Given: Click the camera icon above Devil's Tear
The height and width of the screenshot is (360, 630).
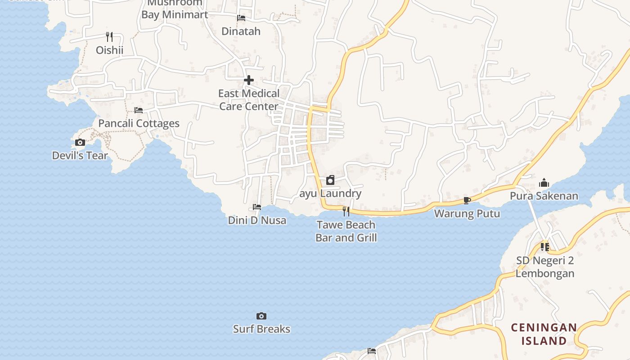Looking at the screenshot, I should [80, 143].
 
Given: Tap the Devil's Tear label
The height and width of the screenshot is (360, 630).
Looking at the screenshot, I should [80, 156].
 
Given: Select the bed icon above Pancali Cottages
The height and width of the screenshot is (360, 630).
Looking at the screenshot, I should [139, 110].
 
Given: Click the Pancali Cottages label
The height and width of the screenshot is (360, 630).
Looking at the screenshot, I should [139, 123].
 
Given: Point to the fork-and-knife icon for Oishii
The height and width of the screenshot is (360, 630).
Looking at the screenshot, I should [109, 36].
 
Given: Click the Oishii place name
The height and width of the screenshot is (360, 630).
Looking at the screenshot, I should [109, 49].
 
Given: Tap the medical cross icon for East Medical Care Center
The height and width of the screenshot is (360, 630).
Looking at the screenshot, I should [249, 80].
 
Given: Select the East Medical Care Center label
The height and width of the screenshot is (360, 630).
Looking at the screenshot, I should [249, 100].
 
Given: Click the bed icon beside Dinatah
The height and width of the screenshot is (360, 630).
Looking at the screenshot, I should [241, 18].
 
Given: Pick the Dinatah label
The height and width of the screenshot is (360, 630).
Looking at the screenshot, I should [241, 31].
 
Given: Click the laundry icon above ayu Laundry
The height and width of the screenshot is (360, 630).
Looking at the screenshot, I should [330, 180].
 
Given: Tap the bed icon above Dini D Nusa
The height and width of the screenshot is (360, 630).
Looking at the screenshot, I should [257, 207].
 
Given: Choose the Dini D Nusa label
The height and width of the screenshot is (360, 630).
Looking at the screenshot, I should [257, 220].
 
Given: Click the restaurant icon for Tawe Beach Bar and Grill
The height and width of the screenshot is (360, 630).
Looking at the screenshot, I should [346, 211].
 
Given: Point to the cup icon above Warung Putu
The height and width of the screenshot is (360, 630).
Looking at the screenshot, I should [467, 200].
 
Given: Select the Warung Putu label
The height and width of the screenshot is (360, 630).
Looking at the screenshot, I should [467, 213].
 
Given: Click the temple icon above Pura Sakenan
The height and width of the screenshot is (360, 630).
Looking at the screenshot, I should [544, 183].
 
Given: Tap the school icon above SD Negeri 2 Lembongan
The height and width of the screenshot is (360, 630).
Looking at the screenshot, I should [545, 247].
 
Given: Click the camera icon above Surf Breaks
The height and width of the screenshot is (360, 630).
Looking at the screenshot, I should [261, 316].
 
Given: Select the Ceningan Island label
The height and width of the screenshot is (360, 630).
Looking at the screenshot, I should [544, 334].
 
